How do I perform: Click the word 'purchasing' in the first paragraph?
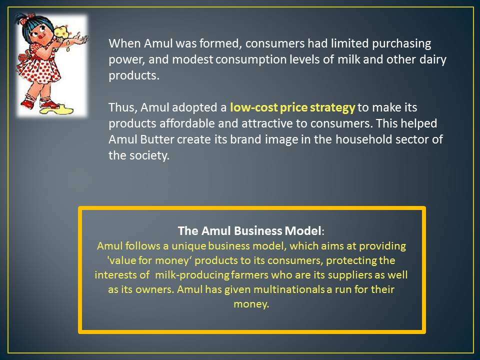(401, 44)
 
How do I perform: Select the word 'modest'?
(192, 59)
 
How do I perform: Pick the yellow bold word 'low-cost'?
(254, 107)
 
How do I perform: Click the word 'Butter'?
(157, 139)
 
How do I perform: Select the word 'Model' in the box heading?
(303, 230)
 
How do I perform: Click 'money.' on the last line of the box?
(251, 304)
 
